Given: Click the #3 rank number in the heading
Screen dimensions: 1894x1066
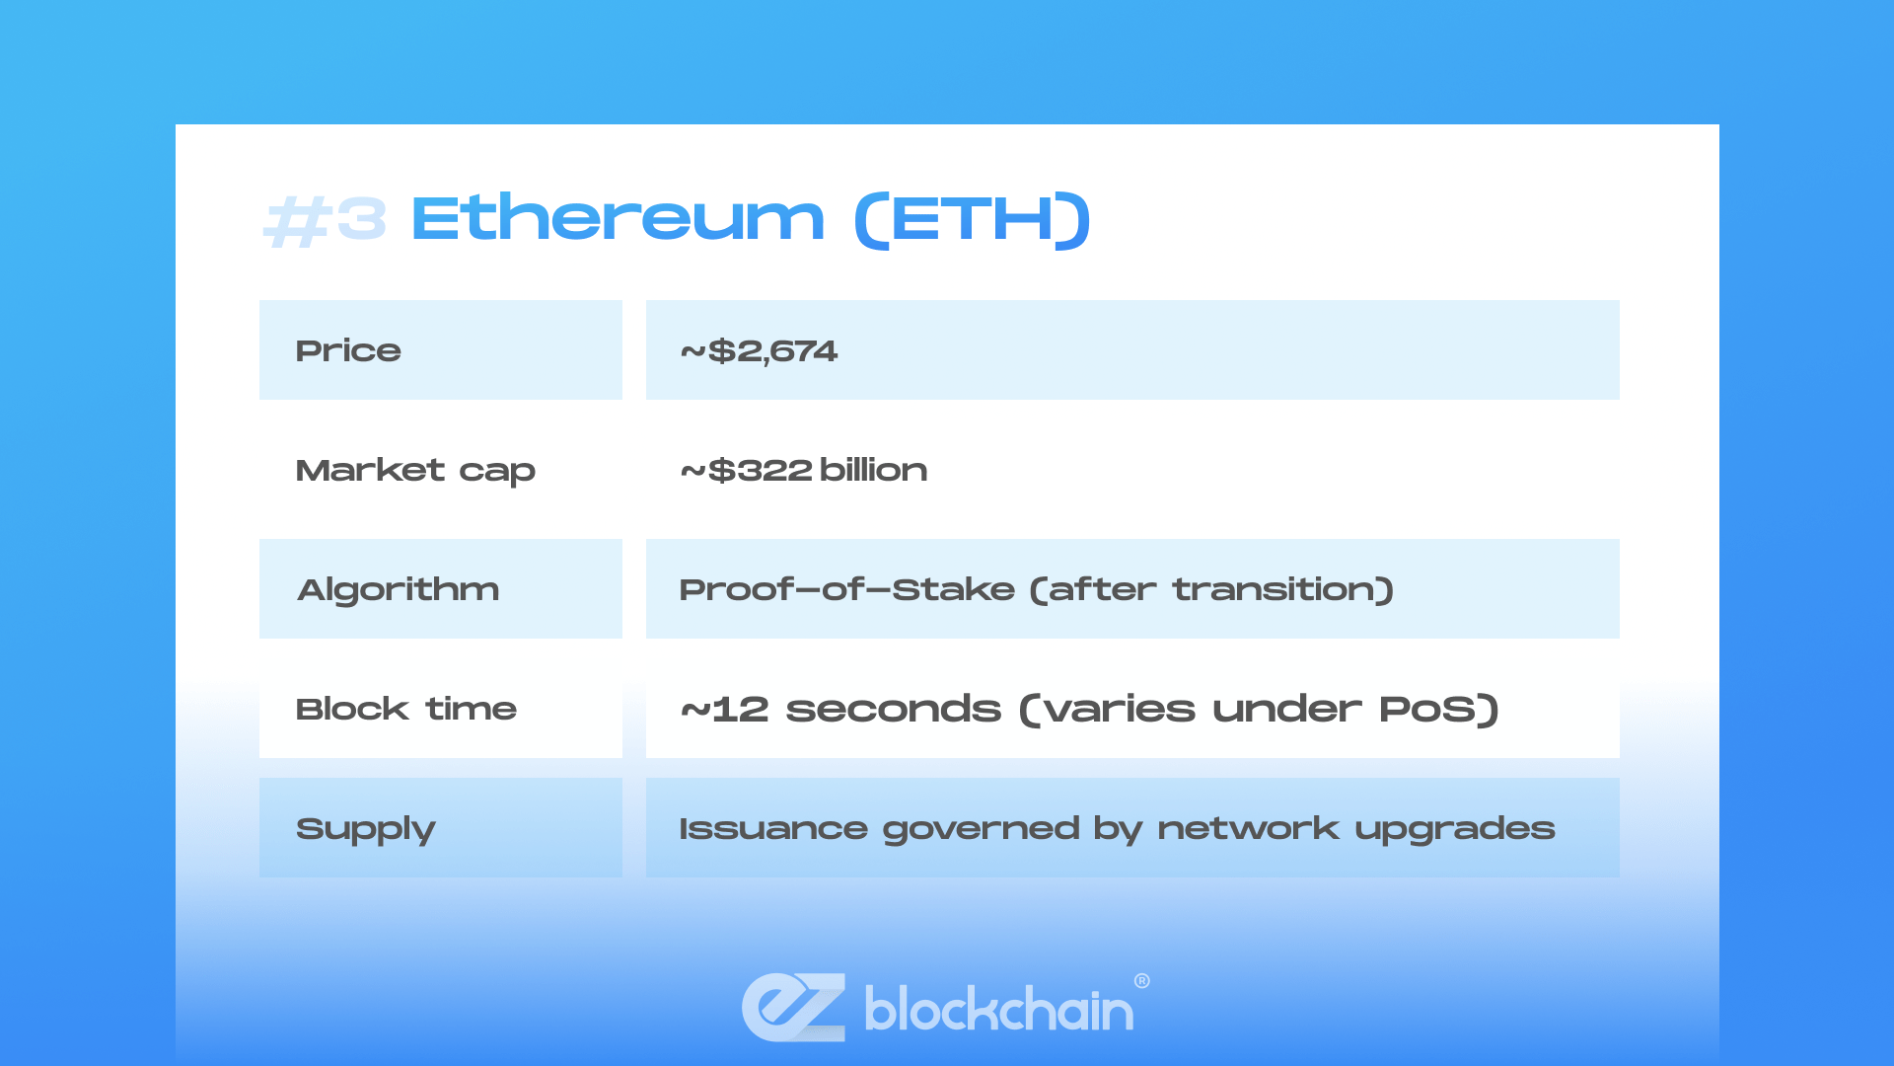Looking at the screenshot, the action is click(325, 220).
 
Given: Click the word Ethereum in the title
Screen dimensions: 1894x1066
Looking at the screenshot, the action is click(618, 218).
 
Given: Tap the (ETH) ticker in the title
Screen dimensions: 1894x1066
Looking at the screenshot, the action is click(973, 220).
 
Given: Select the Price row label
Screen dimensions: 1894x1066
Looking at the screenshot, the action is click(348, 350).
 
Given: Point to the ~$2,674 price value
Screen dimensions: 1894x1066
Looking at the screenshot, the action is click(759, 351).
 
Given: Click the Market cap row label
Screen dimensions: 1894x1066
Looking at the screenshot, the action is click(415, 471).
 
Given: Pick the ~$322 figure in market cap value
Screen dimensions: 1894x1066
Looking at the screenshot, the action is click(746, 470).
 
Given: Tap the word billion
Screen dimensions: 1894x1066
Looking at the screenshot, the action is click(873, 470).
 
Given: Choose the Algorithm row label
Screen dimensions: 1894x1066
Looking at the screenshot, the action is click(399, 590).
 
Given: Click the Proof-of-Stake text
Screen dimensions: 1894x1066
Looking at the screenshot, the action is click(846, 589).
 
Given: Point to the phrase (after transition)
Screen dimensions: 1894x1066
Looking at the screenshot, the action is click(1211, 589).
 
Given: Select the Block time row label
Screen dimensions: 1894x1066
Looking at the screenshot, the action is click(406, 709).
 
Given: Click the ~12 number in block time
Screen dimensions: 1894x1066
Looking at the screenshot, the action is click(724, 709).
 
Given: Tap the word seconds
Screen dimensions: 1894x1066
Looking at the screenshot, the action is click(893, 709).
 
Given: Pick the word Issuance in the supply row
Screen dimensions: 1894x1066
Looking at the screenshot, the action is click(773, 828).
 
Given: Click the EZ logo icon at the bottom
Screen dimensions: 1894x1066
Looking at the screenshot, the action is click(794, 1008).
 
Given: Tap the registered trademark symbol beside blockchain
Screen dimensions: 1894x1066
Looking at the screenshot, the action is click(1142, 981).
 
